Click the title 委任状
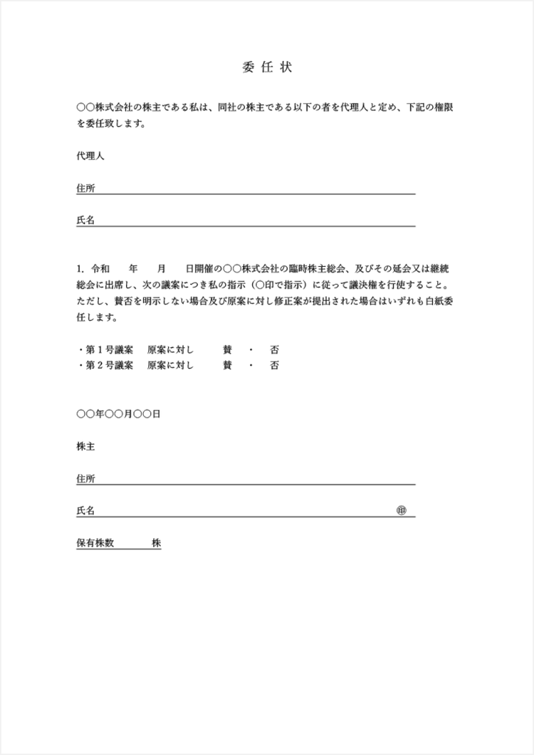267,68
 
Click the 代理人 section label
90,156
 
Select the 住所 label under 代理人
85,189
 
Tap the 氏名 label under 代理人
85,221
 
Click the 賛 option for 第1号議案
227,350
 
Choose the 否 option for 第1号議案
274,350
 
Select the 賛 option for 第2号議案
227,366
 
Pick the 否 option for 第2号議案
274,366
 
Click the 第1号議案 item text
109,350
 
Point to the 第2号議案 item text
109,366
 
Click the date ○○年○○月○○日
118,414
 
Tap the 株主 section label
85,446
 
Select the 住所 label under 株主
85,479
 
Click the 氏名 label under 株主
85,511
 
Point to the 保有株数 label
95,543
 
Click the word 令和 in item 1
100,269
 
